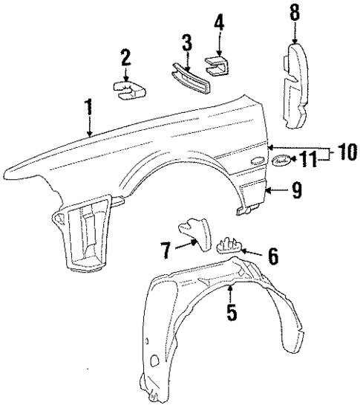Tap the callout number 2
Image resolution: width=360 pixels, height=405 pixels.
126,57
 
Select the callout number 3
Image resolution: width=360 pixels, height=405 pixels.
187,42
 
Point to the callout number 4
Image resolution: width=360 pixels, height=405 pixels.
219,22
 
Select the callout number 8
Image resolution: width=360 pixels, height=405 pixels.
295,13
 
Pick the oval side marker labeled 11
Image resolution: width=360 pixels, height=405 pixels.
281,161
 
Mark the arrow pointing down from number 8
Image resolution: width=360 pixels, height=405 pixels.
295,33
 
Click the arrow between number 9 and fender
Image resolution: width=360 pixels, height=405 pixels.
275,192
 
